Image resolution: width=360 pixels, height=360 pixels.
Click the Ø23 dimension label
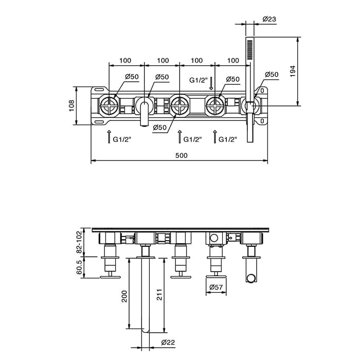pyautogui.click(x=269, y=19)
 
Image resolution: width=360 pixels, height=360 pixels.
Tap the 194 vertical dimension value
pyautogui.click(x=293, y=71)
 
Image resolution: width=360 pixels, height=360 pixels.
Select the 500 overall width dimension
pyautogui.click(x=182, y=155)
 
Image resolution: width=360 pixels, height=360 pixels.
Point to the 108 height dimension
pyautogui.click(x=71, y=105)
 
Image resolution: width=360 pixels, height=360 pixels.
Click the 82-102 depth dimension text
pyautogui.click(x=79, y=242)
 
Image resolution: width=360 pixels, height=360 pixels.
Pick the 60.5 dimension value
pyautogui.click(x=79, y=267)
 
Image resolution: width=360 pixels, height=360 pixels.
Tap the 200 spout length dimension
pyautogui.click(x=124, y=296)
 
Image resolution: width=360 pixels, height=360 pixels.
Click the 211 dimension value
pyautogui.click(x=159, y=295)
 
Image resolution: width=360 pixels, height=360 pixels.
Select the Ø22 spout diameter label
pyautogui.click(x=168, y=343)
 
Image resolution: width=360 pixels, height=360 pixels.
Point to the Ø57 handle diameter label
pyautogui.click(x=216, y=287)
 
